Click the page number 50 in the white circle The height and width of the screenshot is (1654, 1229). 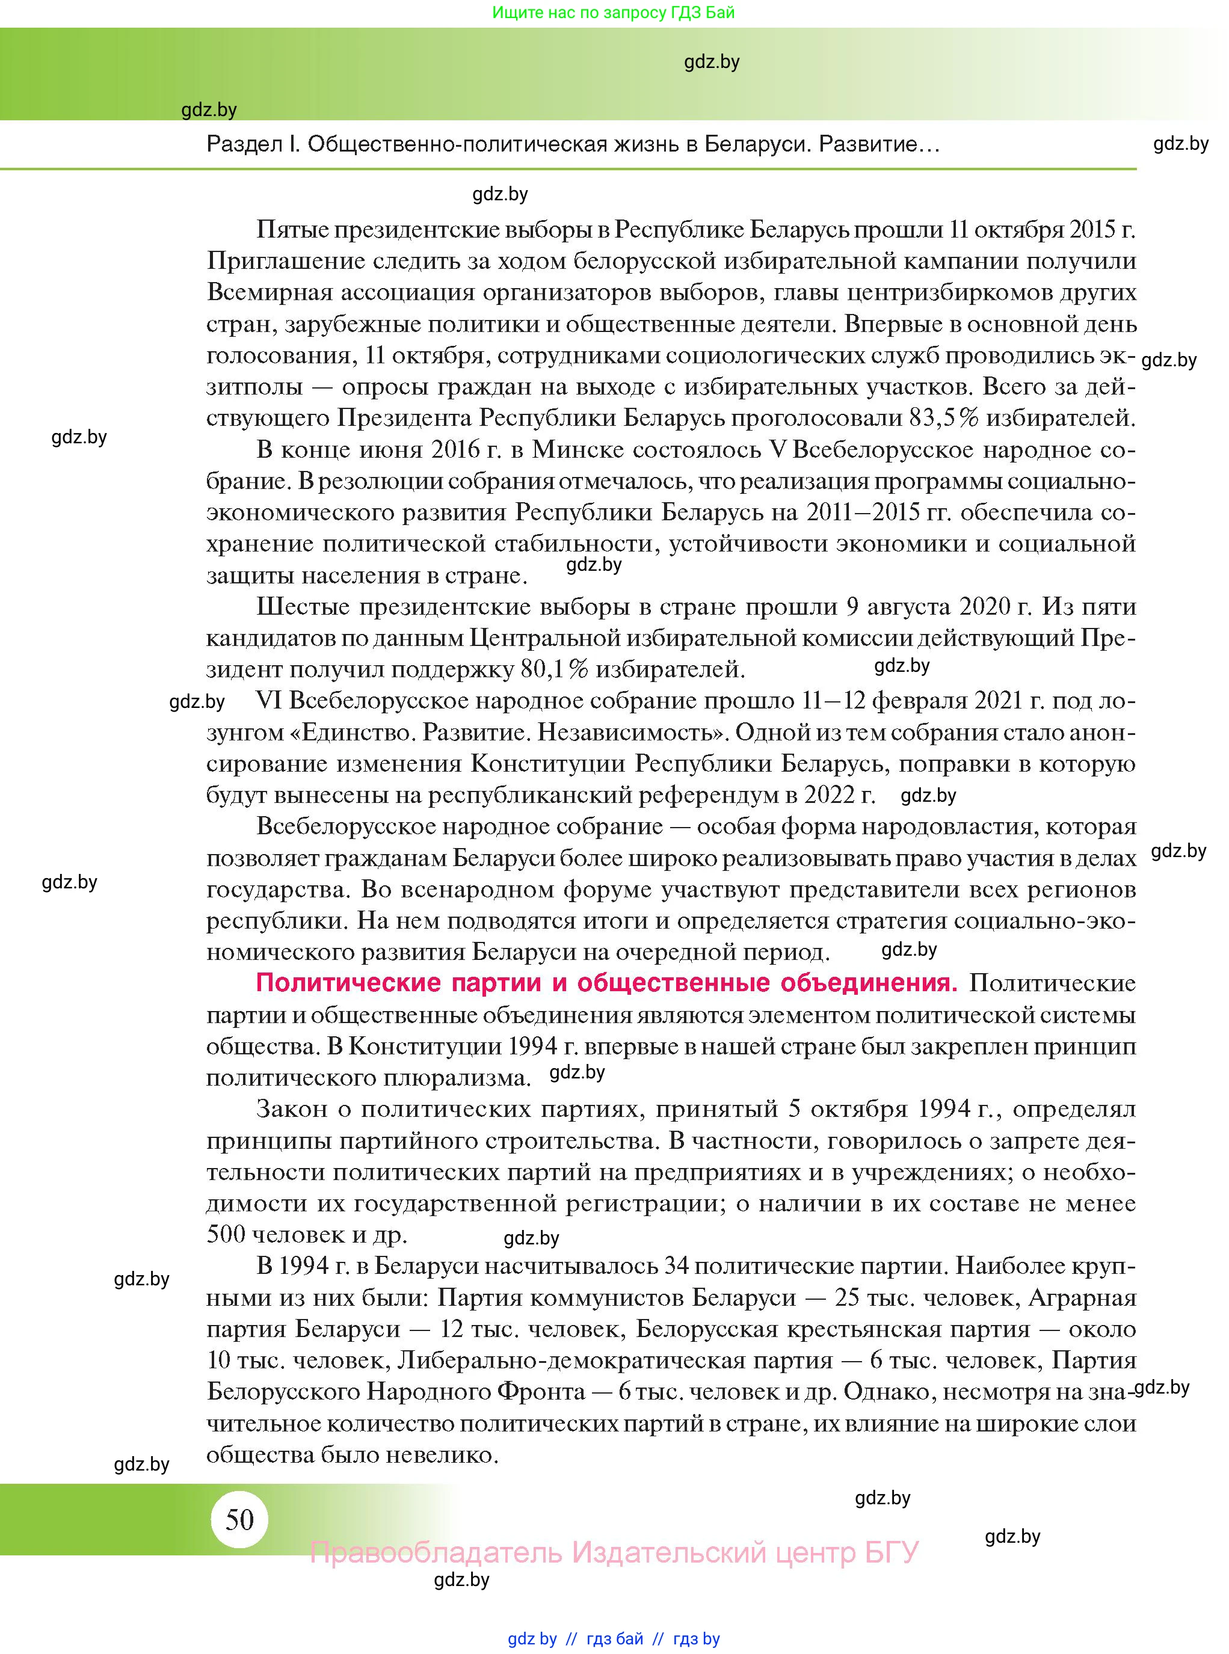tap(239, 1519)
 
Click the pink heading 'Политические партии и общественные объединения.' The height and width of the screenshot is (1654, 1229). tap(606, 983)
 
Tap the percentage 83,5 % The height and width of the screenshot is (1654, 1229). tap(943, 418)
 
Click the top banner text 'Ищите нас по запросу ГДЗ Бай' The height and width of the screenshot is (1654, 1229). tap(613, 13)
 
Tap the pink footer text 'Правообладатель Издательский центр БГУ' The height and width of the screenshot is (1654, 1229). tap(615, 1553)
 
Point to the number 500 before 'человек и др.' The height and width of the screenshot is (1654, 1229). tap(226, 1235)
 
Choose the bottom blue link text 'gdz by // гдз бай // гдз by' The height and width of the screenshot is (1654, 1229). tap(614, 1638)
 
